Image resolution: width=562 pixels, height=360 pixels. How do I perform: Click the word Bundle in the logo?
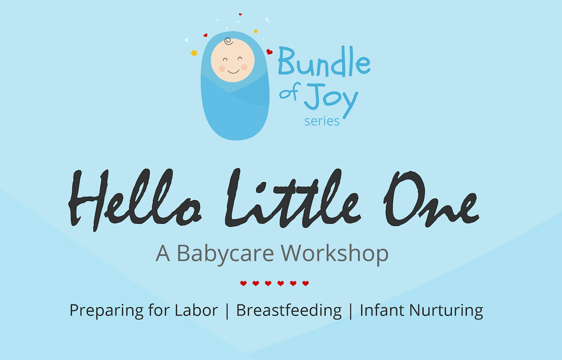(x=324, y=61)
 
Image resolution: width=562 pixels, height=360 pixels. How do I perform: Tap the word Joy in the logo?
(x=331, y=100)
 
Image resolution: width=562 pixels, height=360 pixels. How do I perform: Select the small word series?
(x=322, y=121)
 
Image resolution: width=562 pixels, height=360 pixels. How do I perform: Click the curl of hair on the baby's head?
(x=229, y=41)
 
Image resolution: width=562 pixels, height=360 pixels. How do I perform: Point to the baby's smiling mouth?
(x=233, y=72)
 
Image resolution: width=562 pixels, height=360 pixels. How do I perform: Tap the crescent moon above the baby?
(x=268, y=19)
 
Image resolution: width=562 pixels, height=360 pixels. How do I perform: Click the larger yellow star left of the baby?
(x=194, y=53)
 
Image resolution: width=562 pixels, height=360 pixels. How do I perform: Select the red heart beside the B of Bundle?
(x=270, y=52)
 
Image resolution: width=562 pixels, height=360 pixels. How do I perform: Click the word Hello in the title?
(x=135, y=199)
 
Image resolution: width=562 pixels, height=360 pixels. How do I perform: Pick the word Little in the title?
(x=293, y=198)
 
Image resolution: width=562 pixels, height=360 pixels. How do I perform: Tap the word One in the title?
(x=431, y=199)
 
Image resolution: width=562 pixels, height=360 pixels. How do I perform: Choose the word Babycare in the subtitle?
(x=225, y=254)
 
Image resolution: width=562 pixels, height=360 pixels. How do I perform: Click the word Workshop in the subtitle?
(x=335, y=253)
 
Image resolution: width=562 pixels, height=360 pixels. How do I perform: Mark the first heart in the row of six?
(x=244, y=284)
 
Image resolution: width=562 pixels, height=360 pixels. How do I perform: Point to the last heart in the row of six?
(x=306, y=284)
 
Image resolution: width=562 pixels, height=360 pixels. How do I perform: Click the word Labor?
(x=196, y=310)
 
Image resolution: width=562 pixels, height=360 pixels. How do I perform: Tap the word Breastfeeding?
(x=289, y=311)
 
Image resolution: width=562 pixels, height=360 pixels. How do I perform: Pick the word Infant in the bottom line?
(x=382, y=310)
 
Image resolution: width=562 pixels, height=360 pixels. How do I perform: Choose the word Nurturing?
(x=446, y=311)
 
